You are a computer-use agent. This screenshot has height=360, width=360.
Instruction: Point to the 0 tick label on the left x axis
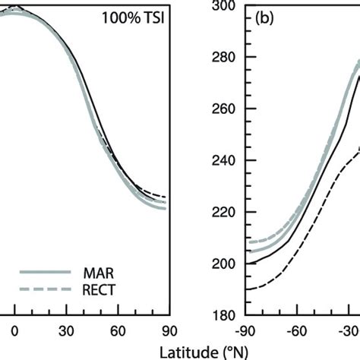coord(14,330)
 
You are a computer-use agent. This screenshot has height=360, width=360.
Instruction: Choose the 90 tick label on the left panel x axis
coord(169,330)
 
